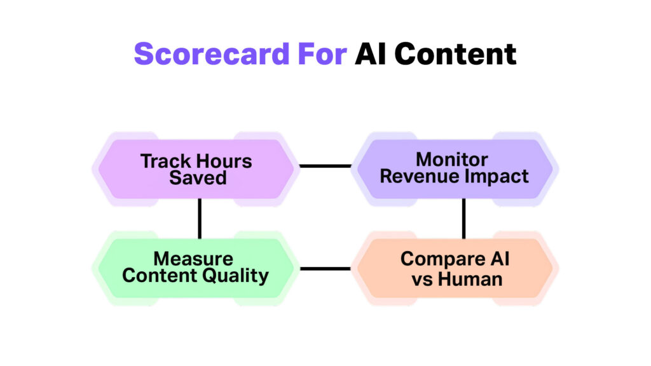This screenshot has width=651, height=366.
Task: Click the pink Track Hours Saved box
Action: click(x=196, y=169)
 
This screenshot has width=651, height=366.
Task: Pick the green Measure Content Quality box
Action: click(x=196, y=268)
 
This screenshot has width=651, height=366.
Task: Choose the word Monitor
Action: click(x=452, y=159)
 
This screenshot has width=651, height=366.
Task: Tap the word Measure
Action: click(x=193, y=259)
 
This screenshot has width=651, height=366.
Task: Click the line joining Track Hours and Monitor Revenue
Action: click(x=325, y=166)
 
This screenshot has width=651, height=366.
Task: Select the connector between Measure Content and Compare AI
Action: click(x=325, y=268)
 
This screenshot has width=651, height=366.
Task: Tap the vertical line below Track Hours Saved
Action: click(x=200, y=219)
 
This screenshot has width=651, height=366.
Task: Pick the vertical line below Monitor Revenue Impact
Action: click(x=463, y=219)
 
